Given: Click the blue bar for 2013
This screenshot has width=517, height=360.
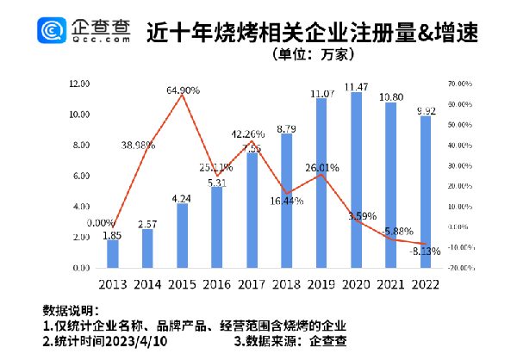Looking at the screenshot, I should pyautogui.click(x=112, y=253).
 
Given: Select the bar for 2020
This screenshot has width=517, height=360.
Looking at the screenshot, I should pyautogui.click(x=355, y=180).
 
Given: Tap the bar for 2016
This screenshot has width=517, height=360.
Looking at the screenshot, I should pyautogui.click(x=216, y=227).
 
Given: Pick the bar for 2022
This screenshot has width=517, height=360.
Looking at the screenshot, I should pyautogui.click(x=424, y=192).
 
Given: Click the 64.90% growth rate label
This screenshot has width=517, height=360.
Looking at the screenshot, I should pyautogui.click(x=182, y=90).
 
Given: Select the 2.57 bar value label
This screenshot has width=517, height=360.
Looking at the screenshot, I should pyautogui.click(x=147, y=222).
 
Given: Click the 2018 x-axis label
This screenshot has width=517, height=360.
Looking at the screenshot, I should pyautogui.click(x=285, y=284).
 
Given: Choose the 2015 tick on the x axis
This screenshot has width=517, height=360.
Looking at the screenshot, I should pyautogui.click(x=182, y=284).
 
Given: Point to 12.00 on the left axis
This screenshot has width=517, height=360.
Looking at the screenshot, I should pyautogui.click(x=79, y=84).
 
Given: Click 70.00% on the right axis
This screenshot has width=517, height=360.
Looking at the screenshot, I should pyautogui.click(x=462, y=84).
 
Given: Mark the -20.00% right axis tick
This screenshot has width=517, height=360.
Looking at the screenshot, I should pyautogui.click(x=462, y=268).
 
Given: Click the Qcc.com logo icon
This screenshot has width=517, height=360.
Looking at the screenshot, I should pyautogui.click(x=52, y=34).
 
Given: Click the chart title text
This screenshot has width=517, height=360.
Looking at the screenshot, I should pyautogui.click(x=313, y=32).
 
